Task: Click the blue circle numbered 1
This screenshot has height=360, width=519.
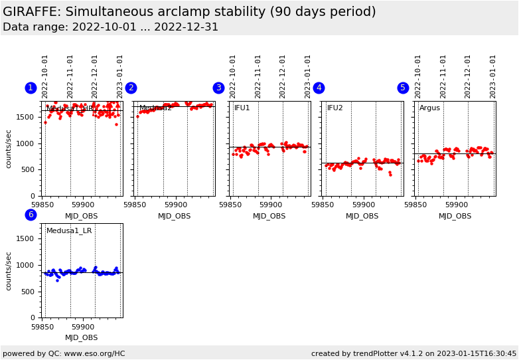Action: tap(31, 88)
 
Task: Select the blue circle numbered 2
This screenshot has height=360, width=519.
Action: tap(131, 88)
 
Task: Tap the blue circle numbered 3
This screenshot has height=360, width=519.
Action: tap(218, 88)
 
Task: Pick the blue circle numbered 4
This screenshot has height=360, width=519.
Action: tap(319, 88)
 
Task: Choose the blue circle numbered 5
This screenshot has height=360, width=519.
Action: tap(403, 88)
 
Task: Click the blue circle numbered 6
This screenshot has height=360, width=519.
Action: tap(31, 215)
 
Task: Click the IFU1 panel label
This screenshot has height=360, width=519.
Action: tap(242, 108)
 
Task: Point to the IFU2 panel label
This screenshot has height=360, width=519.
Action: tap(334, 108)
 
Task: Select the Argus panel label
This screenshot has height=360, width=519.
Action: tap(429, 108)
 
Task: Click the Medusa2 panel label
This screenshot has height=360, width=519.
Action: tap(155, 108)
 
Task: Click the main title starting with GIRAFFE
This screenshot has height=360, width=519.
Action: tap(189, 12)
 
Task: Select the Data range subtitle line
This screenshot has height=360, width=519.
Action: tap(110, 27)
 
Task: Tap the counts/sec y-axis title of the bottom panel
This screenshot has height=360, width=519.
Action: tap(9, 270)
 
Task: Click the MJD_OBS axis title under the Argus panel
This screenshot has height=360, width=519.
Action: tap(455, 216)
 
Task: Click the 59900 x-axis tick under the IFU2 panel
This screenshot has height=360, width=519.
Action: tap(364, 205)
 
